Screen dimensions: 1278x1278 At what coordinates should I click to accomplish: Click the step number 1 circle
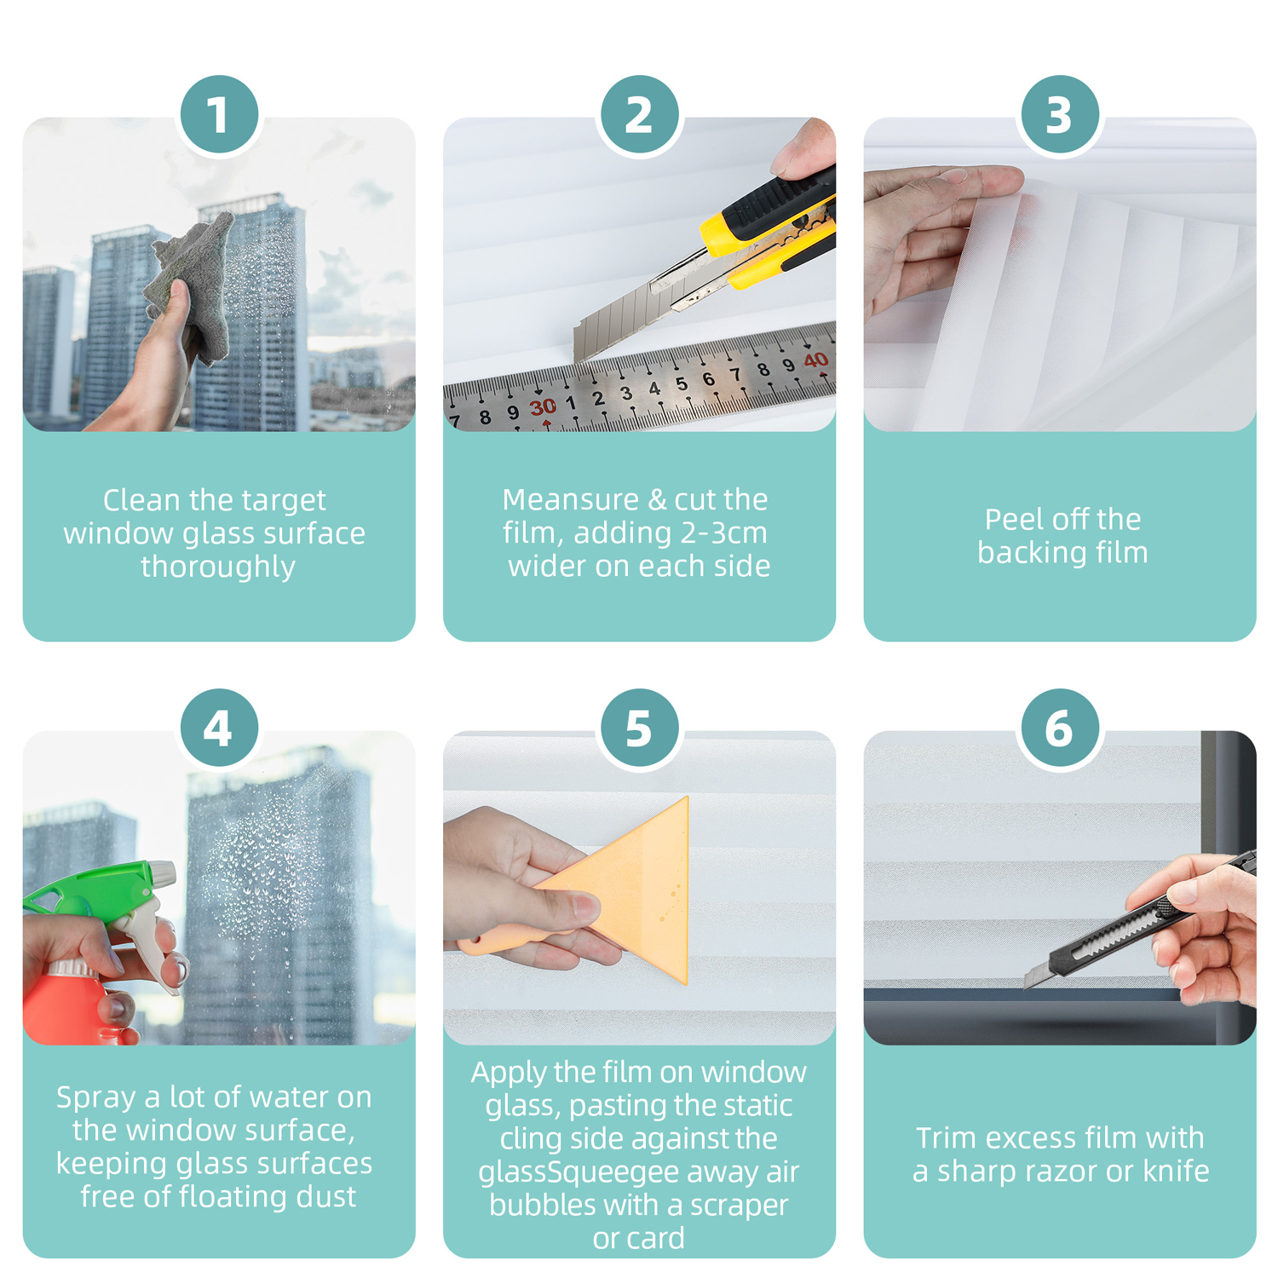(x=219, y=114)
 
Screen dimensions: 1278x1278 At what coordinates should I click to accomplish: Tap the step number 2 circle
(x=639, y=114)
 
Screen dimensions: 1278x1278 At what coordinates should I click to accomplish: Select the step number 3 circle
(x=1060, y=114)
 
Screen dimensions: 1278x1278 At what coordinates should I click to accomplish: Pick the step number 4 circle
(x=219, y=728)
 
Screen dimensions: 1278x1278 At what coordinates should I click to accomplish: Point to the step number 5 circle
(x=639, y=728)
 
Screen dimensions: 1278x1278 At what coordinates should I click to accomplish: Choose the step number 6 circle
(x=1060, y=728)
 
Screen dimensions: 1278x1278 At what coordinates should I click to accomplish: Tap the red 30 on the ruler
(x=543, y=407)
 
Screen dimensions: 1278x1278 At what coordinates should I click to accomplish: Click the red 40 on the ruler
(x=815, y=360)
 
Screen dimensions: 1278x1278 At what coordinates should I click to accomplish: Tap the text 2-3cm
(x=724, y=533)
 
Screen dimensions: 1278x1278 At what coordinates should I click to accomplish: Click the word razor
(x=1058, y=1171)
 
